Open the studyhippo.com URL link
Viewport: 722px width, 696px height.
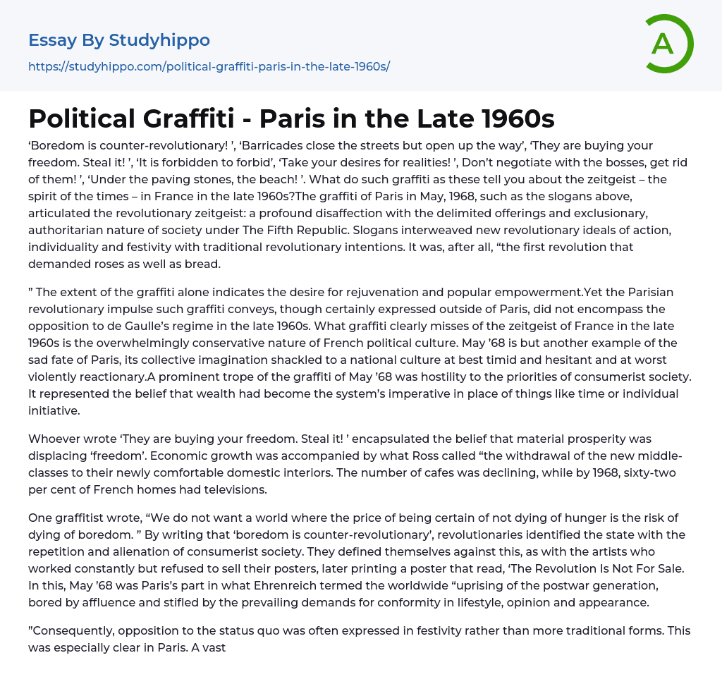pos(209,66)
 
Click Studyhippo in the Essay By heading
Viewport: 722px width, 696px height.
pos(159,40)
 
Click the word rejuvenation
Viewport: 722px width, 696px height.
pos(410,292)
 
